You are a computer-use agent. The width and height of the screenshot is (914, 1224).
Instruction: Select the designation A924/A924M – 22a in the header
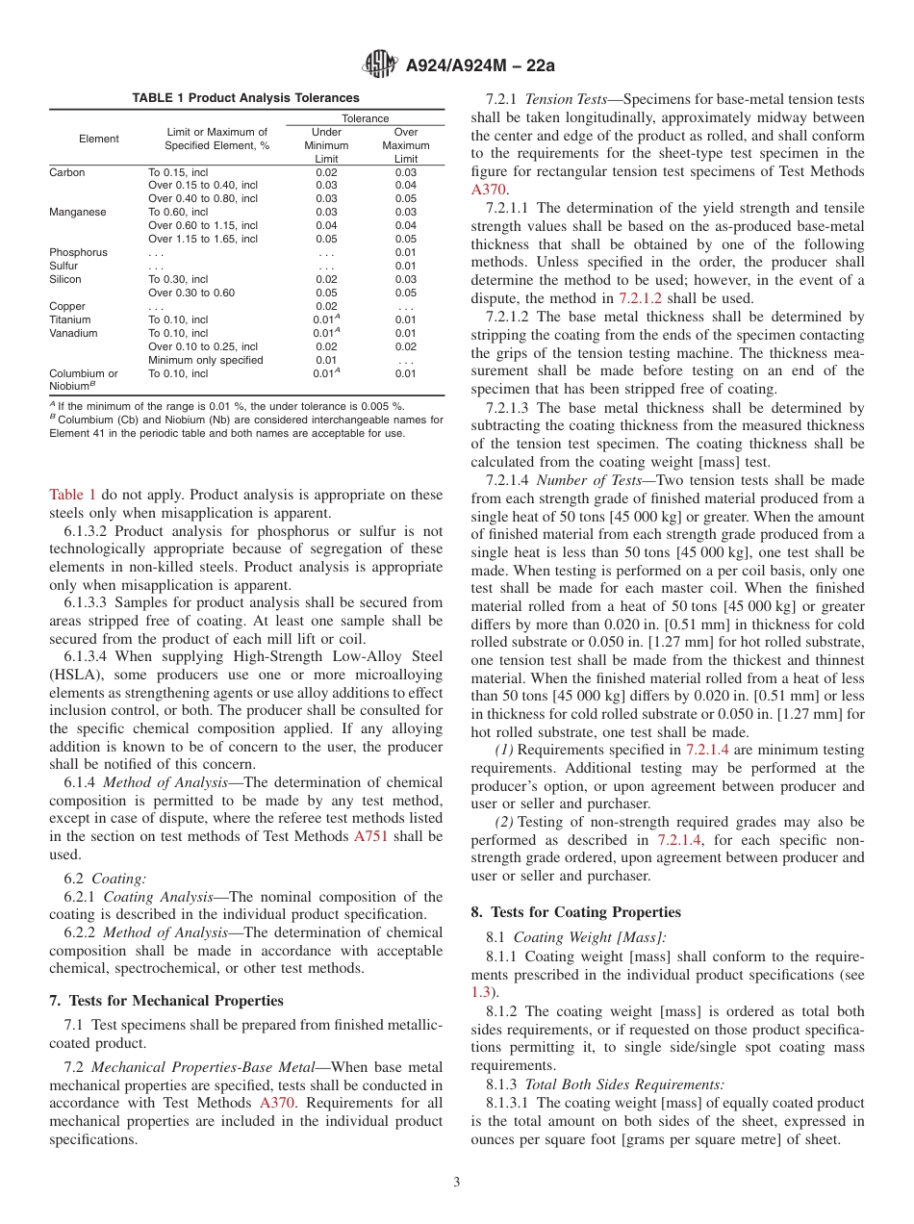click(480, 66)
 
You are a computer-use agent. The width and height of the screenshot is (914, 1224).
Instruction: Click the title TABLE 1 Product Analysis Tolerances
click(245, 98)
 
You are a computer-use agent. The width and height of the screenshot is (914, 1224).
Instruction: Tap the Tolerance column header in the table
click(366, 118)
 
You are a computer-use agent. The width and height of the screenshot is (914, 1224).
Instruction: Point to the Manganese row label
click(78, 212)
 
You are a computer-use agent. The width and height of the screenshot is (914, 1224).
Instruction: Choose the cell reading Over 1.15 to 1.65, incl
click(203, 239)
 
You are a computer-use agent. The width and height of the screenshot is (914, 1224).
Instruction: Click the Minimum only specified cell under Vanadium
click(206, 360)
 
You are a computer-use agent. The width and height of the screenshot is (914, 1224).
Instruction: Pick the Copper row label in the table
click(67, 306)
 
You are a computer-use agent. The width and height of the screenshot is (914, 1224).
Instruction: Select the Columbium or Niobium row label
click(84, 379)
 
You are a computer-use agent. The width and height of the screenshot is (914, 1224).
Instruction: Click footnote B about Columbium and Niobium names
click(245, 426)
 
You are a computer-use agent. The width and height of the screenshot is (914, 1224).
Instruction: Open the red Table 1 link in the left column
click(72, 495)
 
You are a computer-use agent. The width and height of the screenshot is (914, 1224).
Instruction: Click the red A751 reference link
click(370, 836)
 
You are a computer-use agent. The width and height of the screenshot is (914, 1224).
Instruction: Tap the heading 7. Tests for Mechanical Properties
click(165, 1001)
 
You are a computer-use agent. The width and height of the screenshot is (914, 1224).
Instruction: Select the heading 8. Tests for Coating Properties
click(575, 911)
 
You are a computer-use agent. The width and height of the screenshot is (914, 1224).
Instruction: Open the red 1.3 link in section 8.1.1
click(480, 991)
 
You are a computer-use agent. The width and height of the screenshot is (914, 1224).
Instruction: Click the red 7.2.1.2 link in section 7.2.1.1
click(618, 298)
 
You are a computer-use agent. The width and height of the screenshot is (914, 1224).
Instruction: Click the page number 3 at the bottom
click(456, 1182)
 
